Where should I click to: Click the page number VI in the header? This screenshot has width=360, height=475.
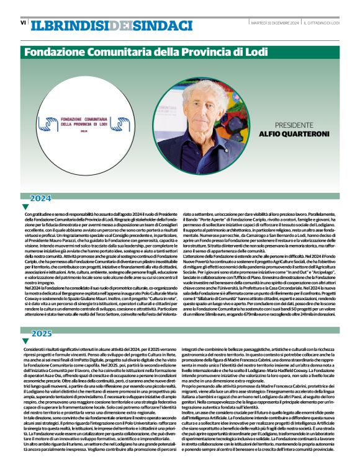(x=23, y=23)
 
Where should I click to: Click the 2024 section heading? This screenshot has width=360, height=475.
(x=41, y=198)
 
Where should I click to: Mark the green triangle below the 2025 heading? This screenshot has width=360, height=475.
(x=25, y=341)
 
